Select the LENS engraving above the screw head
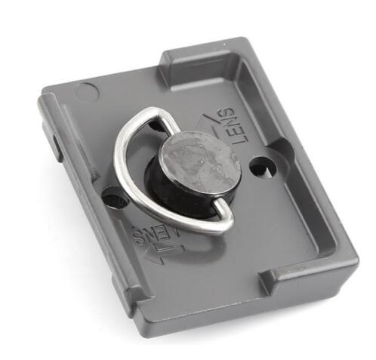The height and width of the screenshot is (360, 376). (x=232, y=125)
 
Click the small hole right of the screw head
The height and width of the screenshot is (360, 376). (x=263, y=166)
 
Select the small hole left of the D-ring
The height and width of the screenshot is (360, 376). (x=116, y=198)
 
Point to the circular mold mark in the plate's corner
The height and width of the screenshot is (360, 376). (x=87, y=91)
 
